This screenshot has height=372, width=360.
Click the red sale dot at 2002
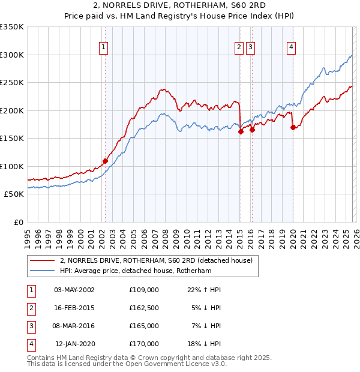tap(105, 161)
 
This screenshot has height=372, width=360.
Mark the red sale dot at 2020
tap(293, 127)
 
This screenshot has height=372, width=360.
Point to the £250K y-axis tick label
tap(12, 82)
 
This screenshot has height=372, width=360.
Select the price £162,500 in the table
tap(143, 308)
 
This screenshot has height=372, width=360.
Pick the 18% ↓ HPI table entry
tap(205, 344)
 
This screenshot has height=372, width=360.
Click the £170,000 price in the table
tap(143, 344)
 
